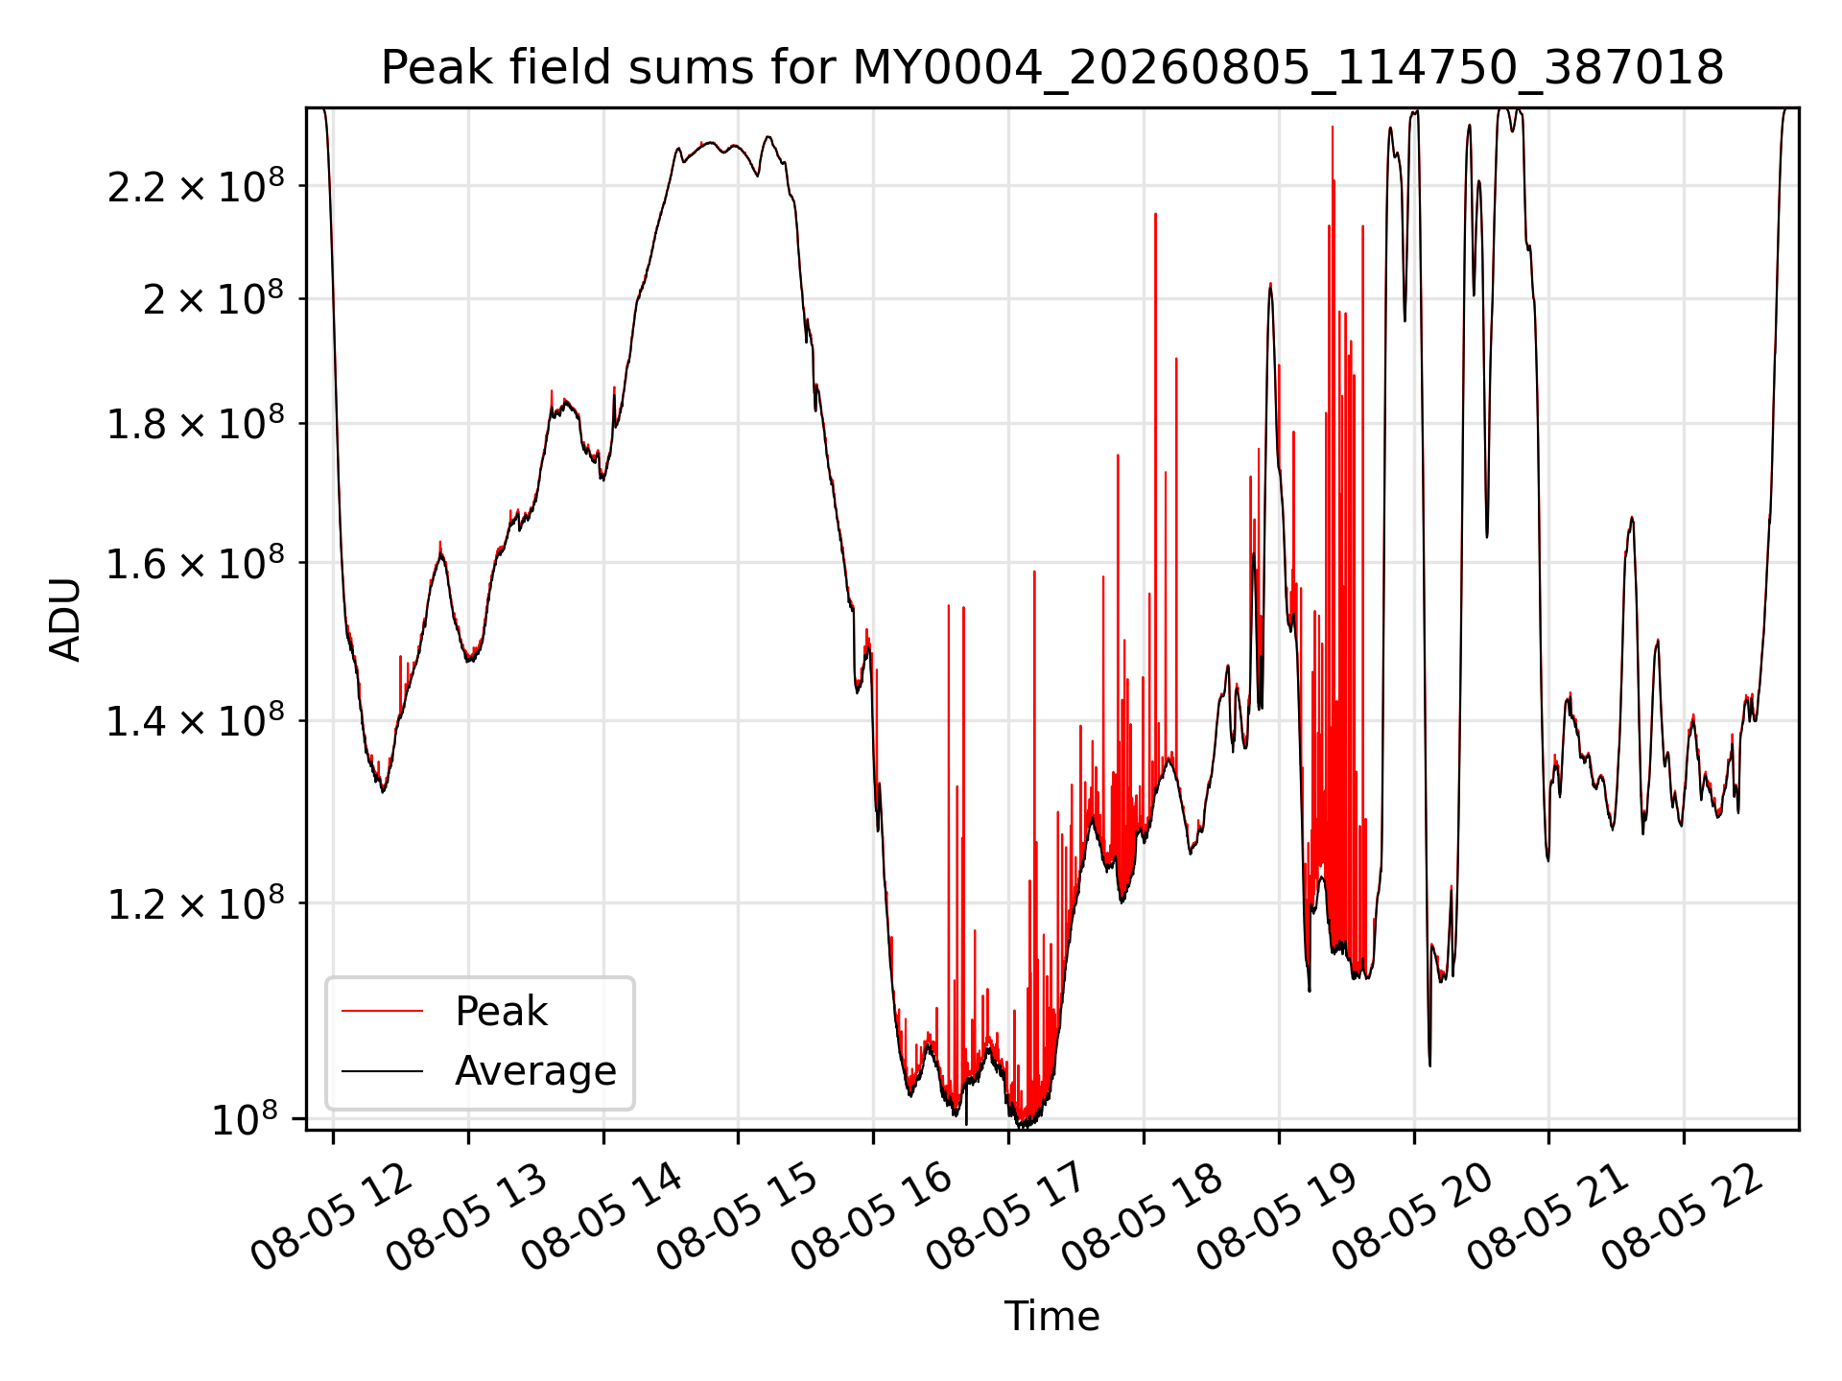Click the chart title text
pyautogui.click(x=1052, y=68)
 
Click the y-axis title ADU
pyautogui.click(x=65, y=619)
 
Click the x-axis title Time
pyautogui.click(x=1051, y=1316)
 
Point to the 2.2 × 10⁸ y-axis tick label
pyautogui.click(x=196, y=185)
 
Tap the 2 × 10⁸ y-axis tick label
pyautogui.click(x=213, y=298)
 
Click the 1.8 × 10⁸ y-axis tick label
pyautogui.click(x=196, y=423)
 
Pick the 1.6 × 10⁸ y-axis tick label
pyautogui.click(x=196, y=563)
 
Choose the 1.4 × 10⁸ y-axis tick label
pyautogui.click(x=196, y=720)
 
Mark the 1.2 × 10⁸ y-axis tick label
pyautogui.click(x=196, y=902)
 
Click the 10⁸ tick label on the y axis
pyautogui.click(x=245, y=1118)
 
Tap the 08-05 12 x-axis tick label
pyautogui.click(x=331, y=1215)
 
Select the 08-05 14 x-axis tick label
pyautogui.click(x=602, y=1215)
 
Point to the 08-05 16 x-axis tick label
pyautogui.click(x=871, y=1215)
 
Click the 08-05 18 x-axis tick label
pyautogui.click(x=1142, y=1215)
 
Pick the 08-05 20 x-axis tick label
pyautogui.click(x=1412, y=1215)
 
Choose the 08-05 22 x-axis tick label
pyautogui.click(x=1682, y=1215)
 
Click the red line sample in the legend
pyautogui.click(x=382, y=1011)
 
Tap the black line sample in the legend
pyautogui.click(x=382, y=1070)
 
